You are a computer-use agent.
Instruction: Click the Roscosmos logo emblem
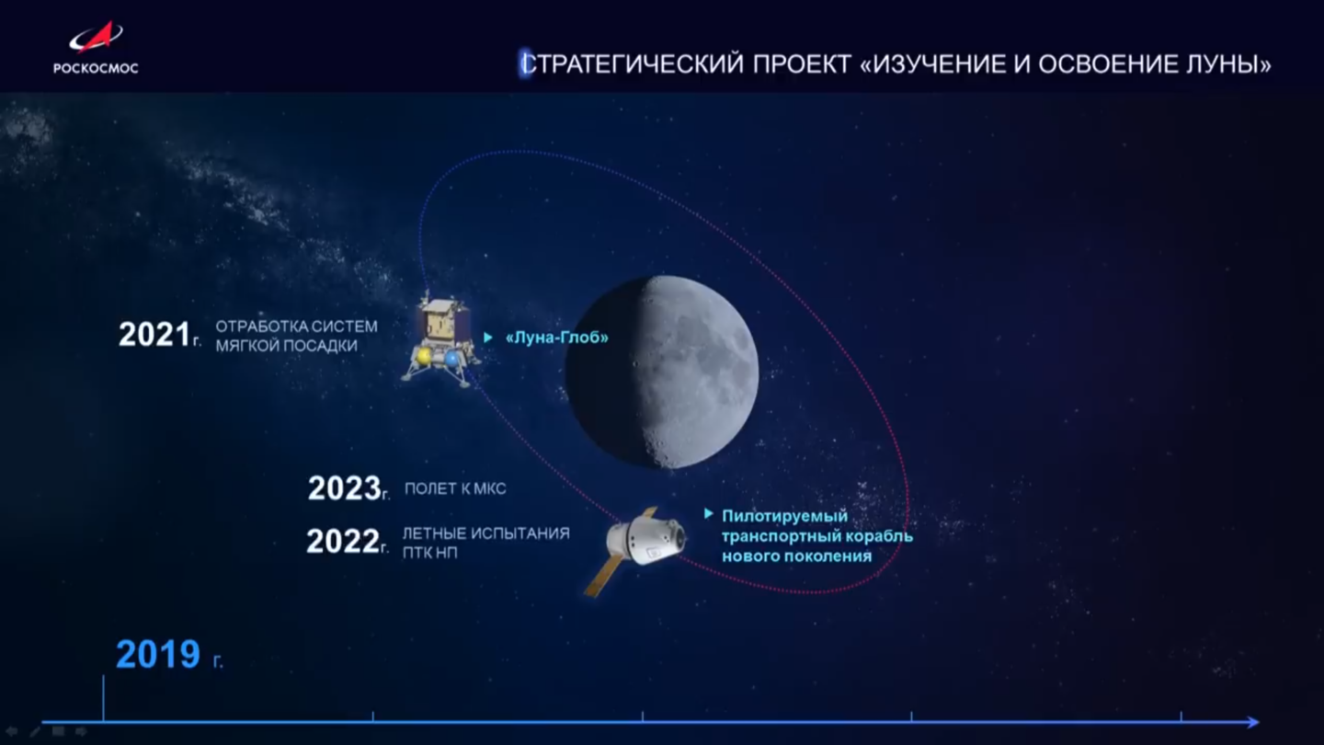(x=96, y=38)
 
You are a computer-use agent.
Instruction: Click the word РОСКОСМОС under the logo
(x=96, y=68)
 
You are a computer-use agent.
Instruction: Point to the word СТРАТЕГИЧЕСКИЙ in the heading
(x=633, y=64)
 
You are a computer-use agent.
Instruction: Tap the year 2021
(x=154, y=335)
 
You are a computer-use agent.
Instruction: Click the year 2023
(x=344, y=488)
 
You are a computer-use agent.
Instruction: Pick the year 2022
(x=343, y=541)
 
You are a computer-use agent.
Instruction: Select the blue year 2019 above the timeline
(x=158, y=655)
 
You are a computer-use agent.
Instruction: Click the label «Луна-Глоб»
(x=557, y=338)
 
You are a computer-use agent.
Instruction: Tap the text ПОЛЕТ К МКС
(x=455, y=489)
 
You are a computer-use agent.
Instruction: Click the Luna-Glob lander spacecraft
(x=440, y=341)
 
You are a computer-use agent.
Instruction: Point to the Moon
(x=662, y=372)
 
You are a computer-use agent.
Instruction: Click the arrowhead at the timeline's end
(x=1253, y=722)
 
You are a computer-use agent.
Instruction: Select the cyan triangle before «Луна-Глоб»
(x=488, y=338)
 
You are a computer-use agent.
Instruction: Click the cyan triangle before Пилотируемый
(x=709, y=514)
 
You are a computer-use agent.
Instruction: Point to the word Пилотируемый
(x=785, y=516)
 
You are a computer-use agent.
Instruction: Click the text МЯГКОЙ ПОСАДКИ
(x=286, y=346)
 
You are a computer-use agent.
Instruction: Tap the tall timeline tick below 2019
(x=103, y=698)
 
